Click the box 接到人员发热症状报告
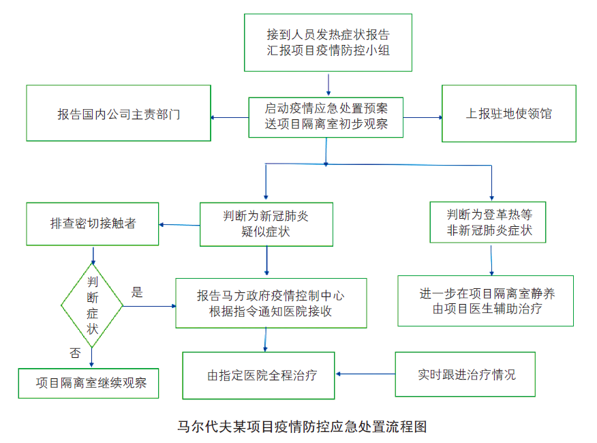328,42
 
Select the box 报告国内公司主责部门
119,114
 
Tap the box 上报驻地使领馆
508,114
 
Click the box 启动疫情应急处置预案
326,117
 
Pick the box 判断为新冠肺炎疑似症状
266,224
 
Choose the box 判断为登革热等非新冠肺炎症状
489,222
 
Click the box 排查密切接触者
93,224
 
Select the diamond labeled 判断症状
92,305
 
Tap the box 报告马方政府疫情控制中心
271,303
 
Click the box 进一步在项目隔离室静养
486,301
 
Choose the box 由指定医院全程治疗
258,376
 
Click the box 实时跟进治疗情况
465,374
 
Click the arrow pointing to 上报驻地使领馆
423,117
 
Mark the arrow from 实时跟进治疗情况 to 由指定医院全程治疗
365,373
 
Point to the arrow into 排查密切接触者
179,224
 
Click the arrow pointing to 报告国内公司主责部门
230,117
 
